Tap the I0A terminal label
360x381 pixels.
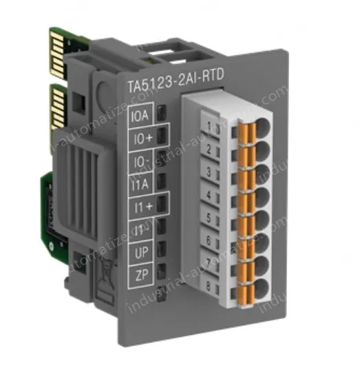click(139, 115)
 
